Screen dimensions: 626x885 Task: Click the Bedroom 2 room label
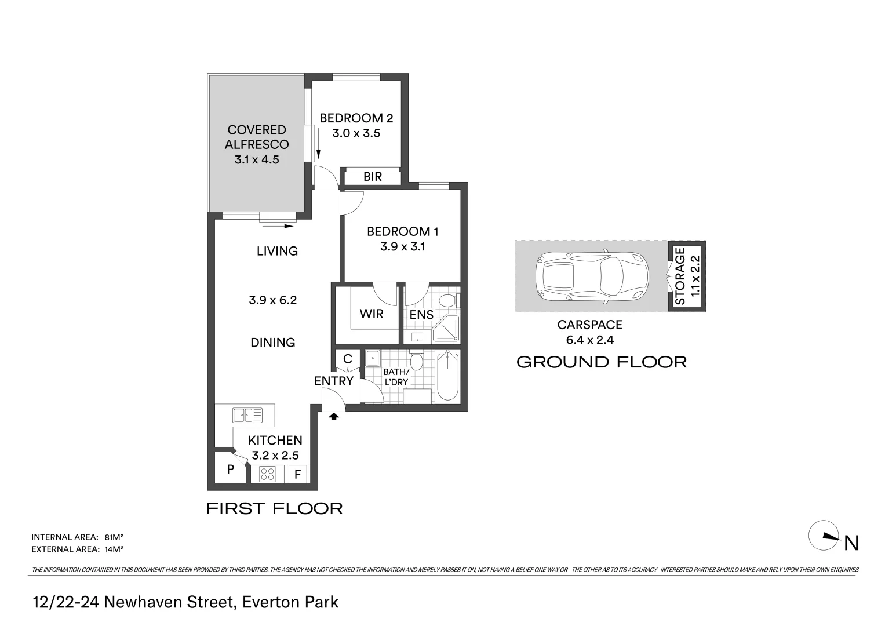(x=356, y=118)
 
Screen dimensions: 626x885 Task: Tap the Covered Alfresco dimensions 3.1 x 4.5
(x=257, y=160)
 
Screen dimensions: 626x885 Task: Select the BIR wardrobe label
(x=373, y=177)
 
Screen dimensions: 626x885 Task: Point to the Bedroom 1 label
(x=402, y=232)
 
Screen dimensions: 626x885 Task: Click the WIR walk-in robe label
(x=372, y=314)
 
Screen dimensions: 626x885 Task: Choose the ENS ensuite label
(x=421, y=315)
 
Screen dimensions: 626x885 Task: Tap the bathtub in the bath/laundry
(x=447, y=376)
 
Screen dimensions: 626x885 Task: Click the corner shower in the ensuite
(x=447, y=329)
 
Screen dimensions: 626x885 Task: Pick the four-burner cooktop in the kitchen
(x=267, y=474)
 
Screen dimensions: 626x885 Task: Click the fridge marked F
(x=297, y=475)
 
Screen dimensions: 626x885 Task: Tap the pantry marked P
(x=230, y=469)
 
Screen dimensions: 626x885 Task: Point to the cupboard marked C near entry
(x=348, y=359)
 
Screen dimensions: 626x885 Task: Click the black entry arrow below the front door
(x=334, y=416)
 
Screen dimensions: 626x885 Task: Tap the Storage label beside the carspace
(x=680, y=276)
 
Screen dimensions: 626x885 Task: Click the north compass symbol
(x=824, y=536)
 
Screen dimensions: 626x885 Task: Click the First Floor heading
(x=275, y=509)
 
